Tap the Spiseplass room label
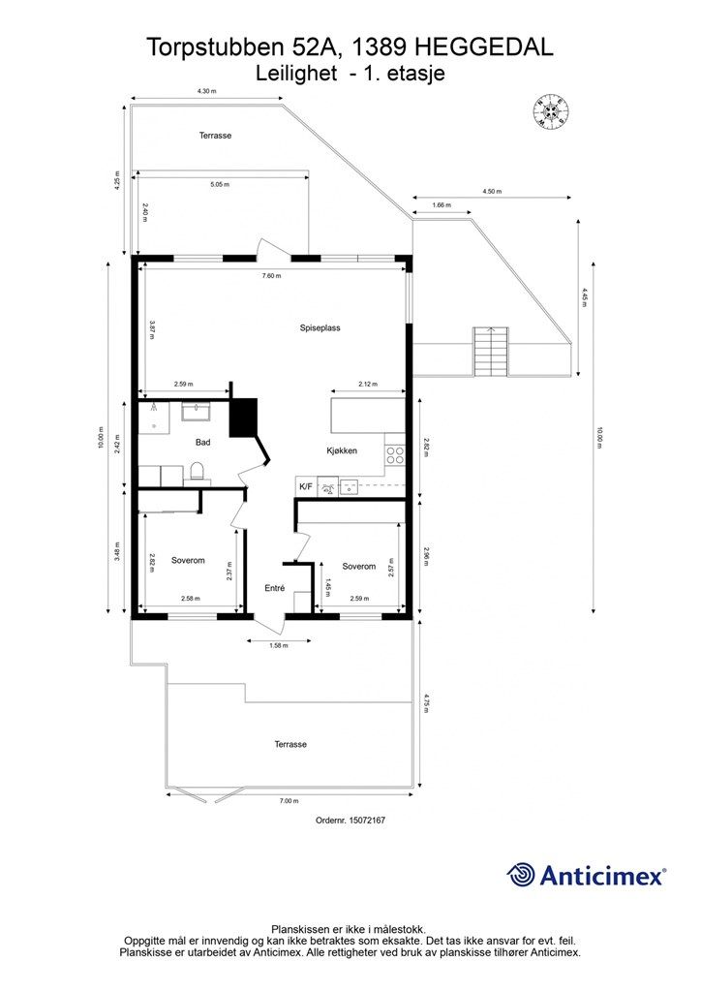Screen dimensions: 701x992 click(320, 327)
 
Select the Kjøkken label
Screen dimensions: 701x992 click(342, 450)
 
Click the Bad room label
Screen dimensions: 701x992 click(203, 442)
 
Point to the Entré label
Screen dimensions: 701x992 click(274, 588)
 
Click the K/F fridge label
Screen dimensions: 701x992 click(306, 486)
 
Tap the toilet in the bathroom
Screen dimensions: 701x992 click(197, 472)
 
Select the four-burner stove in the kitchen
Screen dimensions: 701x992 click(395, 455)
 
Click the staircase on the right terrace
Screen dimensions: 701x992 click(491, 351)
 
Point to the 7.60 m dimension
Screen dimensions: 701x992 click(272, 275)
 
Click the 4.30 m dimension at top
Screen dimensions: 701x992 click(206, 91)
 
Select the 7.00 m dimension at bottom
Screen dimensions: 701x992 click(289, 801)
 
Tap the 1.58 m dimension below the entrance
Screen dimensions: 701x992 click(279, 646)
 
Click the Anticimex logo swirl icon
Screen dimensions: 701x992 click(520, 875)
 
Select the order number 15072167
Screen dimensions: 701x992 click(350, 821)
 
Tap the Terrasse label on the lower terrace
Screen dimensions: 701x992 click(290, 745)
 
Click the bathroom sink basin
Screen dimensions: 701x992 click(198, 412)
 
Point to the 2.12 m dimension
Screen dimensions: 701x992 click(367, 384)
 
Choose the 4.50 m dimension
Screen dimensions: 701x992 click(492, 191)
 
